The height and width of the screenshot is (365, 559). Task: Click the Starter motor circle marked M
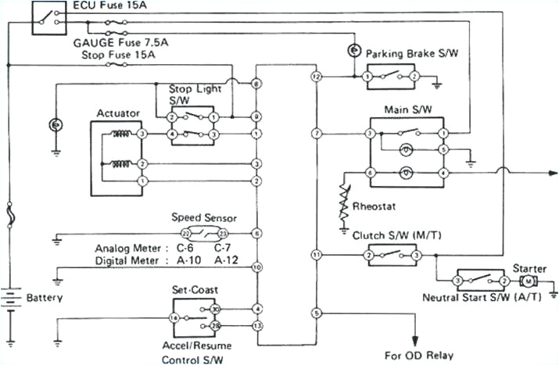[529, 281]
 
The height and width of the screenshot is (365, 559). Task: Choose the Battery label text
[44, 298]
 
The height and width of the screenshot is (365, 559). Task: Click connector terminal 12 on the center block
[316, 77]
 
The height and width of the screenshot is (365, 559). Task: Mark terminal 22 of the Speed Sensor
[185, 233]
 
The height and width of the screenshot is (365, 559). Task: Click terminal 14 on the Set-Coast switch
[173, 317]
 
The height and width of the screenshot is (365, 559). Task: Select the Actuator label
[118, 113]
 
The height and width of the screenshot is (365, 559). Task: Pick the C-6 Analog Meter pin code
[185, 248]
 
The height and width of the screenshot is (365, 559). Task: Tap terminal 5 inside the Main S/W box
[443, 149]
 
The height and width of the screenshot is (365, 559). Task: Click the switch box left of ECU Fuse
[48, 18]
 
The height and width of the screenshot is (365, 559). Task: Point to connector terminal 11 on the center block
[316, 255]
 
